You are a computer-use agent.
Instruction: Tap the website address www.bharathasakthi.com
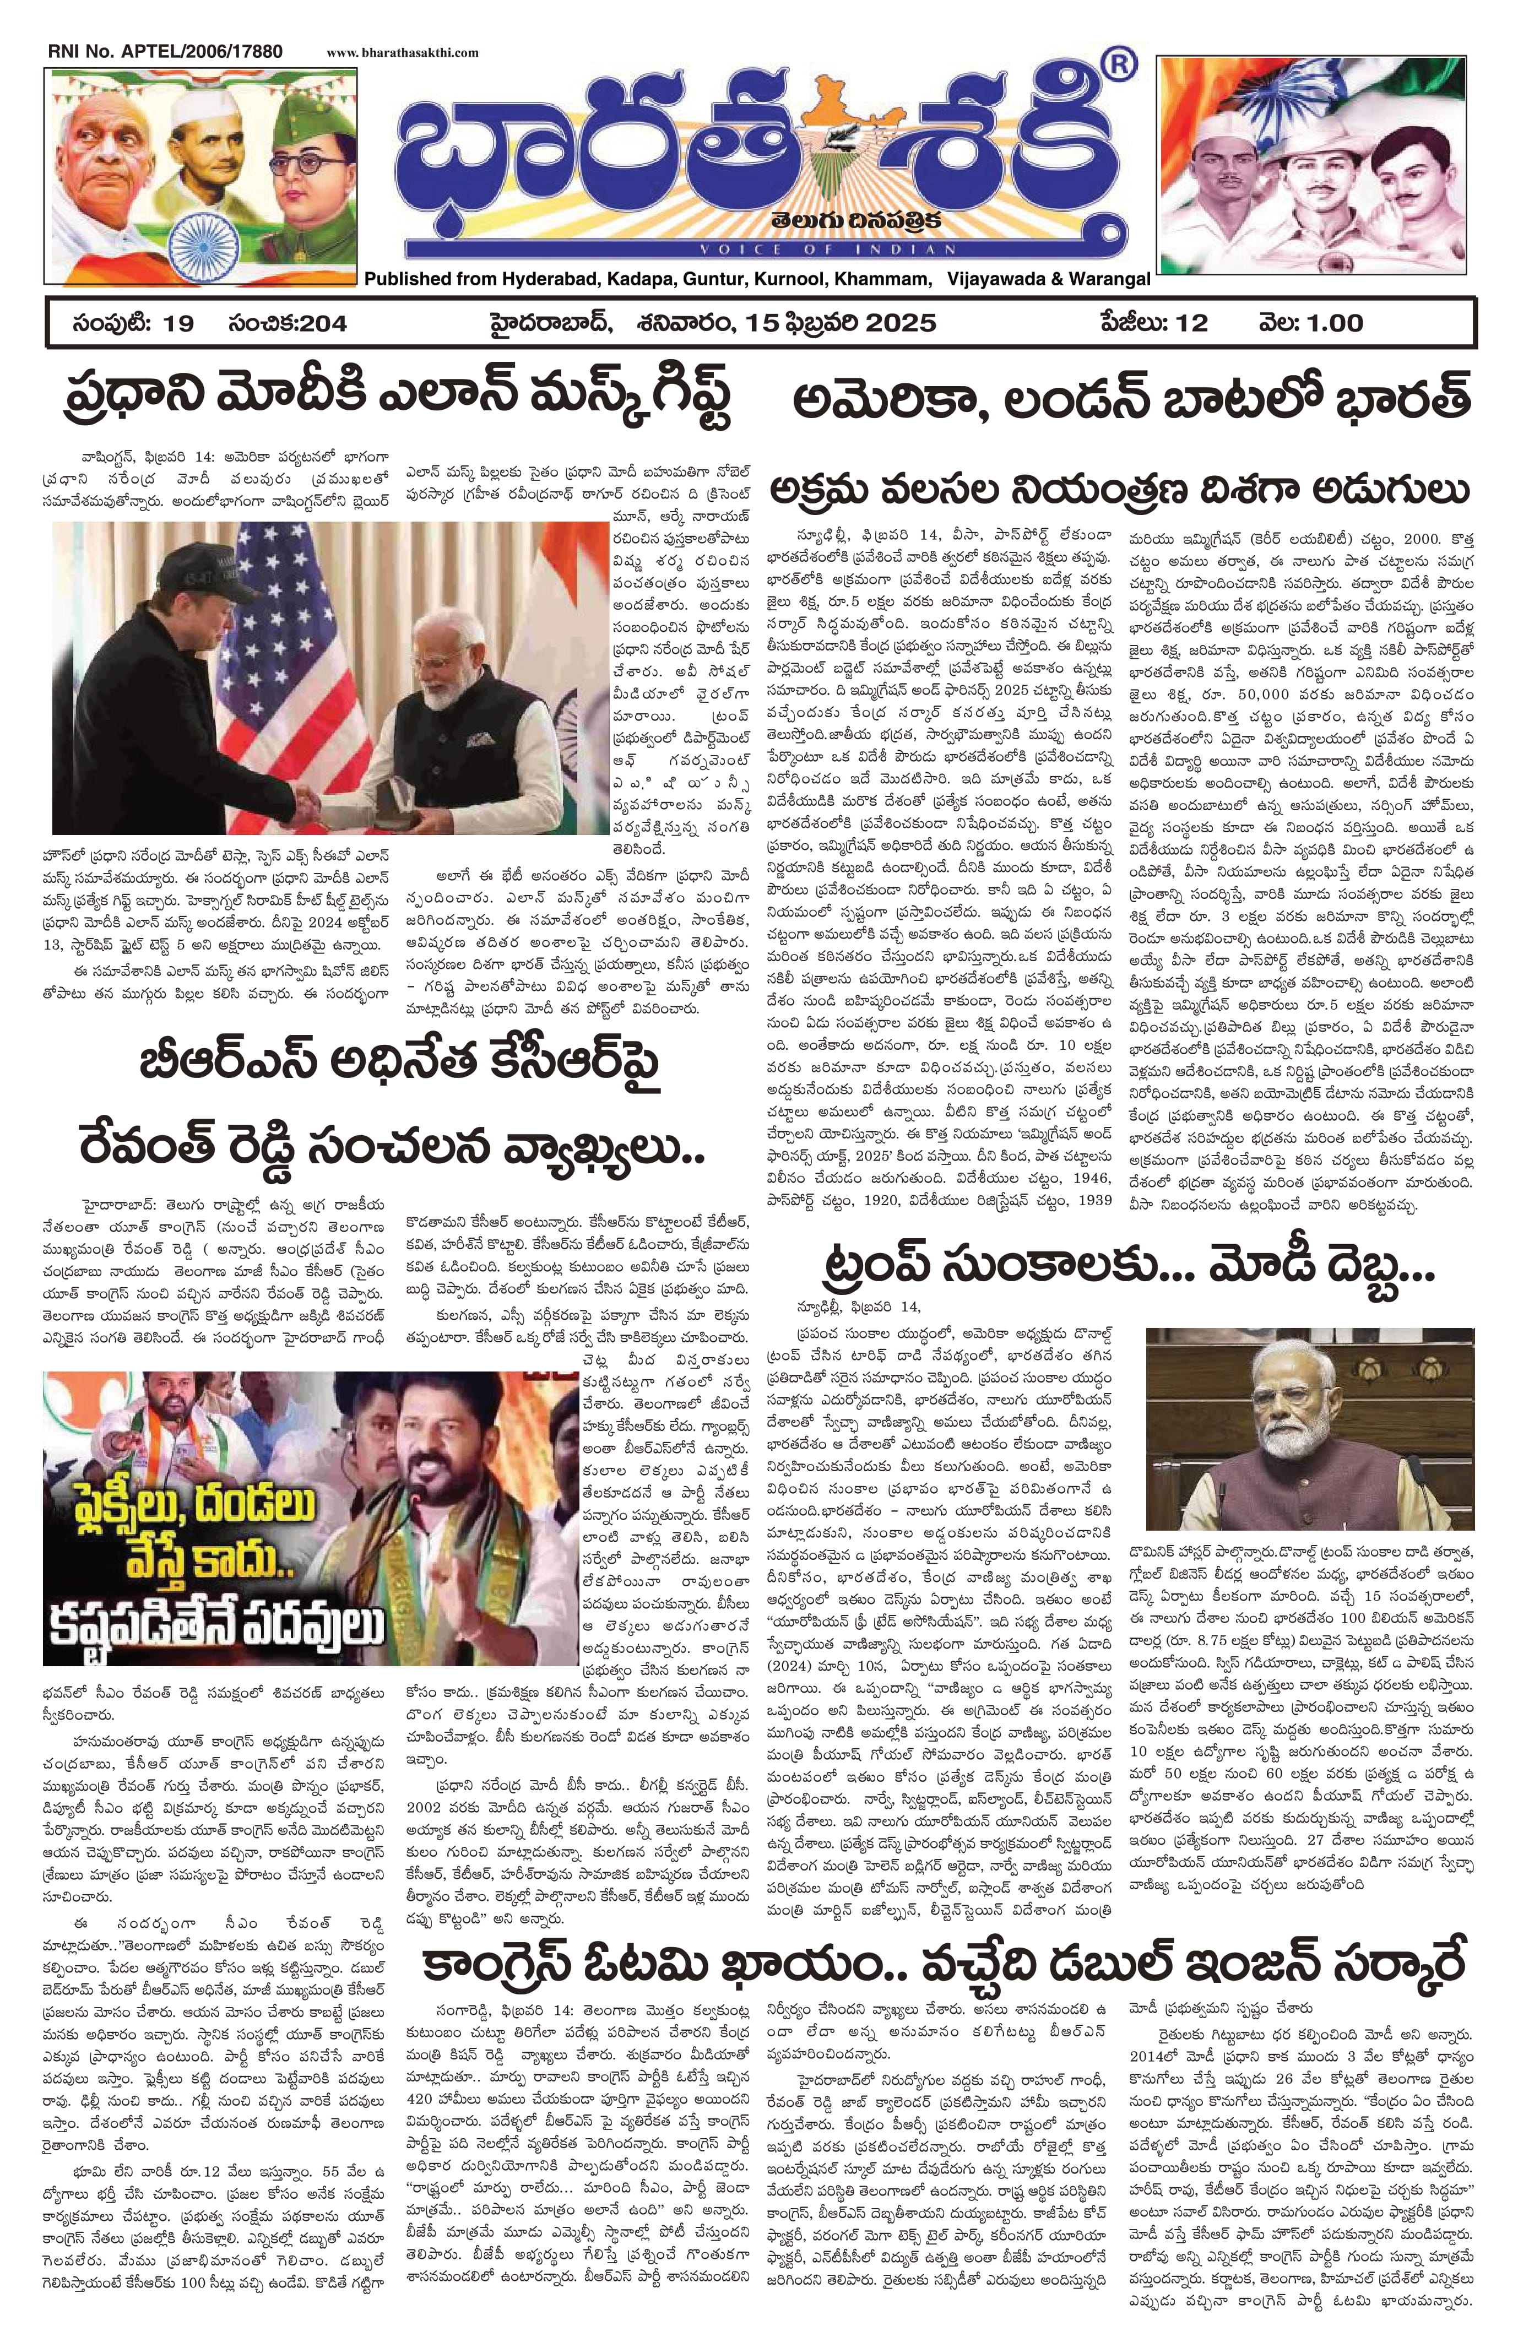(403, 53)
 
